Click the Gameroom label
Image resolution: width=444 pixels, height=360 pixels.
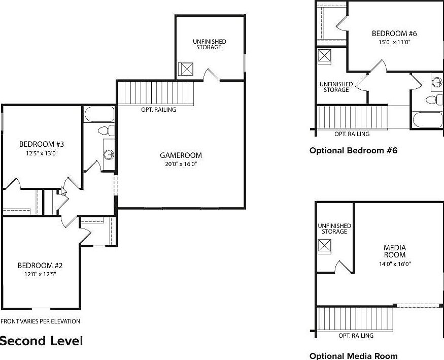coord(181,155)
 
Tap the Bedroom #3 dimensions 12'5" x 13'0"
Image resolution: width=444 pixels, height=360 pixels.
coord(42,153)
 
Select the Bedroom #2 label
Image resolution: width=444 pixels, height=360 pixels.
coord(40,266)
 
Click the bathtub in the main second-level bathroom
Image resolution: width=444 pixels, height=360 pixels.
coord(99,114)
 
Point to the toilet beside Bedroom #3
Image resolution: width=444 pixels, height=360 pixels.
coord(106,130)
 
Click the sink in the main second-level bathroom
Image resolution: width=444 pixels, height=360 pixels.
coord(109,155)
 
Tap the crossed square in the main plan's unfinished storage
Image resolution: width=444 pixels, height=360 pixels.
coord(186,69)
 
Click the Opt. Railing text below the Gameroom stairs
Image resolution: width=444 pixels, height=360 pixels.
coord(158,110)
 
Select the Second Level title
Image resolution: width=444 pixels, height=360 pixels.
coord(41,341)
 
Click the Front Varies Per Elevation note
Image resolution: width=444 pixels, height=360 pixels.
coord(41,321)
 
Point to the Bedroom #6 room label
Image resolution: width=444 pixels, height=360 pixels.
coord(394,34)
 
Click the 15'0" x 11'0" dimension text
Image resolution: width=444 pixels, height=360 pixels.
coord(395,43)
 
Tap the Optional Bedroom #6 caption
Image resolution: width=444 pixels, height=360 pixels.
coord(353,150)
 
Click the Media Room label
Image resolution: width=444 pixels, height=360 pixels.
coord(395,251)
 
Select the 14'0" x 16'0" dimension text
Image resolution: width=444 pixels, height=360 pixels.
coord(395,264)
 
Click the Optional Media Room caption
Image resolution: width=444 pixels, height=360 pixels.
coord(353,356)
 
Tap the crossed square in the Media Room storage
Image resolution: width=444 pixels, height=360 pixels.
coord(324,247)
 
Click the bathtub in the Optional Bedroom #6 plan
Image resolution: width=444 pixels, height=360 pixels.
coord(427,120)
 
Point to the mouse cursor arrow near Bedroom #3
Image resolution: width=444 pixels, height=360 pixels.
coord(64,191)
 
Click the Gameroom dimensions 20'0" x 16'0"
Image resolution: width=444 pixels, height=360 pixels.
coord(181,164)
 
